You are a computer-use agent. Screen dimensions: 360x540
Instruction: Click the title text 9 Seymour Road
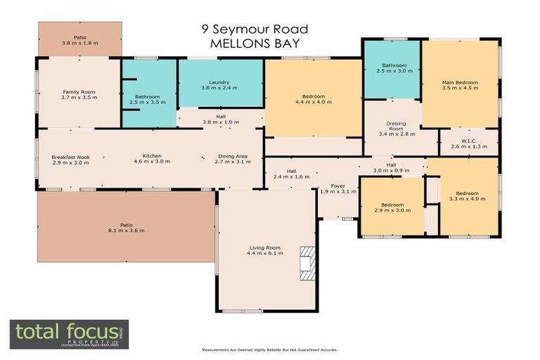click(255, 30)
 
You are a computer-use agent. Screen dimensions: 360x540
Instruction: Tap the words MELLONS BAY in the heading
click(255, 44)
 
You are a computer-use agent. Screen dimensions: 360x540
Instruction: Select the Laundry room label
click(219, 82)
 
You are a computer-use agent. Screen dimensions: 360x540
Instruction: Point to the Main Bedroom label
click(460, 82)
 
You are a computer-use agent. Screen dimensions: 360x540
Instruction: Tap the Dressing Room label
click(397, 126)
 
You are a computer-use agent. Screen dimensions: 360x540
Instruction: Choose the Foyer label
click(338, 186)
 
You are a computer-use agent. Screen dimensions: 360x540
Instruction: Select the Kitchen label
click(153, 156)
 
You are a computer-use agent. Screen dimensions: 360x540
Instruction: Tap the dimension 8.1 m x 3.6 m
click(127, 230)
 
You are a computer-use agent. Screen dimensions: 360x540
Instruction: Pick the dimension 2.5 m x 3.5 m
click(148, 103)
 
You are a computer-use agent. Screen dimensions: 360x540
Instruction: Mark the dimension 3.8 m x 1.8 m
click(79, 44)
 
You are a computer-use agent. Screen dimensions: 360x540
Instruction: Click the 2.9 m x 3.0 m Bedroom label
click(392, 205)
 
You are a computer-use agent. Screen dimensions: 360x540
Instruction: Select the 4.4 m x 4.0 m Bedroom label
click(314, 96)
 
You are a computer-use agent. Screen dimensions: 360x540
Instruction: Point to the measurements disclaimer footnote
click(269, 349)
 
